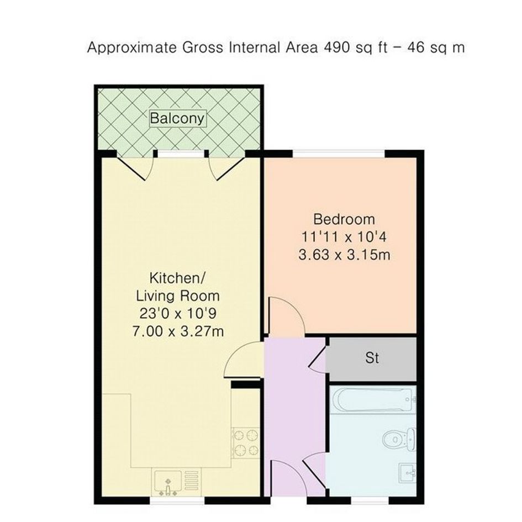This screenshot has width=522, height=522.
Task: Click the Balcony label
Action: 177,118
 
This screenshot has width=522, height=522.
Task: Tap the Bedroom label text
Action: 344,219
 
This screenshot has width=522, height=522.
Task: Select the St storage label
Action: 372,358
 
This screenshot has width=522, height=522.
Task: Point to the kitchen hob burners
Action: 247,443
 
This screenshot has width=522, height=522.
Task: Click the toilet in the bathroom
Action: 398,440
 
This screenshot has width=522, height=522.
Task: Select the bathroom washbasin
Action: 407,473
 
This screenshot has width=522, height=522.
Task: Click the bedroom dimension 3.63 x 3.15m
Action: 344,255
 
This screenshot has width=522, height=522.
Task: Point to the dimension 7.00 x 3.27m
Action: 178,331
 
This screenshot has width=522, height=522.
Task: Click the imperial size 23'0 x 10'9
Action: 178,314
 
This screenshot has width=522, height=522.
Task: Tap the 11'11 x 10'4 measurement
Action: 344,238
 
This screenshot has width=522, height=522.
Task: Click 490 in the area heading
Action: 336,48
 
